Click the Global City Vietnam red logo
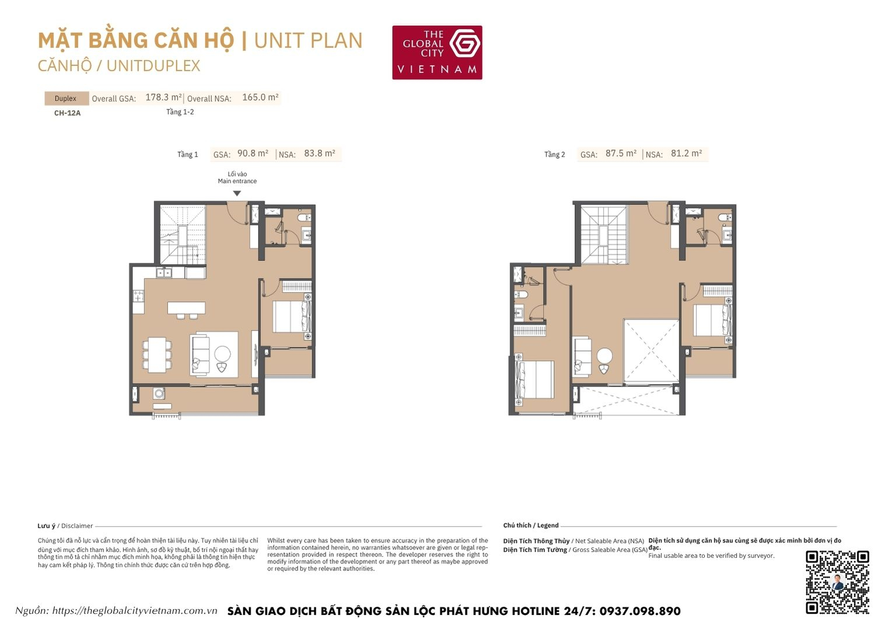[x=437, y=53]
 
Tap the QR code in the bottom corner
[x=837, y=582]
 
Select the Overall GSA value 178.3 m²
[x=163, y=98]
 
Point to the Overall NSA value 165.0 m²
[x=260, y=98]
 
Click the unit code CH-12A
[x=67, y=113]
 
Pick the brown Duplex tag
[x=66, y=98]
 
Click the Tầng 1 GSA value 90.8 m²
[x=253, y=154]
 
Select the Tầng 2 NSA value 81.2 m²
[x=686, y=154]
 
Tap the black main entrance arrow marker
[x=237, y=193]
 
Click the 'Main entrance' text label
[x=237, y=181]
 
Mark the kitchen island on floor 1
[x=186, y=308]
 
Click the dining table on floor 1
[x=156, y=354]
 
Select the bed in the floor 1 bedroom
[x=292, y=317]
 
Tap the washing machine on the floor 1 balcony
[x=159, y=394]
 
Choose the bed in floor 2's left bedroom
[x=535, y=380]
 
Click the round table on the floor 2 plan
[x=605, y=356]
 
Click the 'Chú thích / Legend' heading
[x=531, y=526]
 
